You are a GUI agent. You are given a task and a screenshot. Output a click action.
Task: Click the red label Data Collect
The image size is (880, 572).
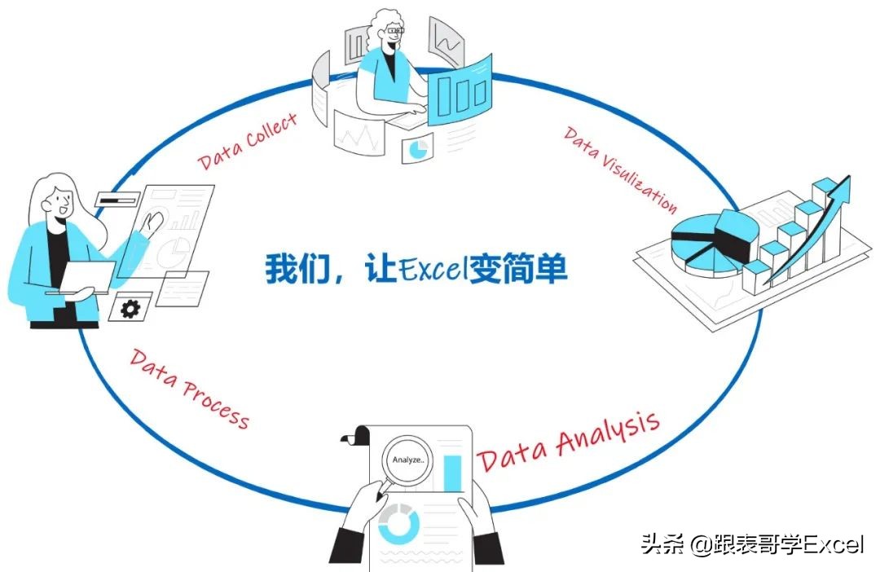click(248, 141)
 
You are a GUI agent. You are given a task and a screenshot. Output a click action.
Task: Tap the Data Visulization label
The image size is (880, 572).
click(619, 169)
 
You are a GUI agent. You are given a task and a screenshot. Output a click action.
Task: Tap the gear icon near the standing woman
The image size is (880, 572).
click(130, 308)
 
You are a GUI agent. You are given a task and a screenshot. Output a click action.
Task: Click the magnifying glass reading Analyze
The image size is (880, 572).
click(407, 460)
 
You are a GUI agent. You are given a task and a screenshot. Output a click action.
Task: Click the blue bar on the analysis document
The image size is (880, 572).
click(452, 473)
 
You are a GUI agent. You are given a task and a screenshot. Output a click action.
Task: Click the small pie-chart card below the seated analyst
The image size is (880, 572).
click(418, 149)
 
